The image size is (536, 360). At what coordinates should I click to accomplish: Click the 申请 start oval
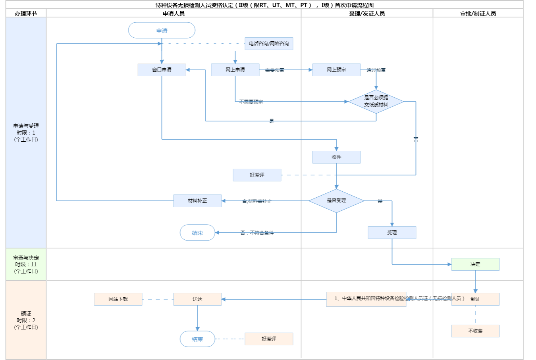[162, 31]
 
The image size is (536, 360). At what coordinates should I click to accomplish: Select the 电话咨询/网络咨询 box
[269, 44]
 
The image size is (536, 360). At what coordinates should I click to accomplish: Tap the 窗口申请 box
[162, 70]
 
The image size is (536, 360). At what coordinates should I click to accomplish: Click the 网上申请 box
[235, 70]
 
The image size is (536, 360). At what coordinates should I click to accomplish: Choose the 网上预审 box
[336, 70]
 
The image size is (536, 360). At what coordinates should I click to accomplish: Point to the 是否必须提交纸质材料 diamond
[376, 101]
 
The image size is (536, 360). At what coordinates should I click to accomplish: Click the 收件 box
[336, 157]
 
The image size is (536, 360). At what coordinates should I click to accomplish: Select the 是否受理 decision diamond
[336, 200]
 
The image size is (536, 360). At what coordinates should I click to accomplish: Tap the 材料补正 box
[197, 201]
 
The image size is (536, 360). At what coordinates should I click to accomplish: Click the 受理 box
[392, 233]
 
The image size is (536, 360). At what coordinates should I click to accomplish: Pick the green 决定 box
[475, 264]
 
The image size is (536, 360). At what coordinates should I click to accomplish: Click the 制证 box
[475, 299]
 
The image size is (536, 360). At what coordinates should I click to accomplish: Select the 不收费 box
[475, 331]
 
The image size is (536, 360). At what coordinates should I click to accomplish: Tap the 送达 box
[197, 299]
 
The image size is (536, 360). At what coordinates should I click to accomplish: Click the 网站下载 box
[118, 299]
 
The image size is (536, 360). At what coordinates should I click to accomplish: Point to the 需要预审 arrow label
[274, 70]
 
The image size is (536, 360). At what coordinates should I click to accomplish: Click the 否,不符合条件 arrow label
[257, 233]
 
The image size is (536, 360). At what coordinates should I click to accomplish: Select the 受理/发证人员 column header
[367, 13]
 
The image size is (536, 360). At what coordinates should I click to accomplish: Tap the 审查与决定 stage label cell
[26, 264]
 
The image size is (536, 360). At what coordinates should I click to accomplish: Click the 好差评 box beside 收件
[257, 175]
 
